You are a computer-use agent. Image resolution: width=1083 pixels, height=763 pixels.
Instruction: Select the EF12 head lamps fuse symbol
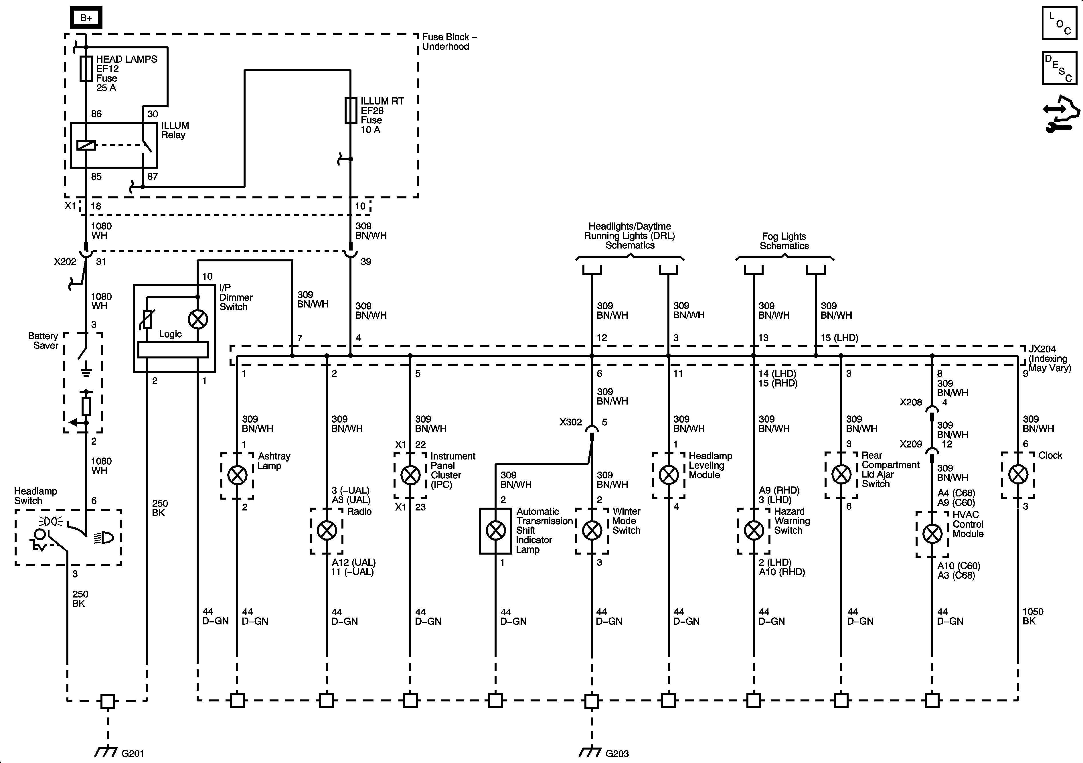tap(86, 68)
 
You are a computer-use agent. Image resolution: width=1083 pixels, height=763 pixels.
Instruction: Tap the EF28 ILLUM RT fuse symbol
tap(351, 111)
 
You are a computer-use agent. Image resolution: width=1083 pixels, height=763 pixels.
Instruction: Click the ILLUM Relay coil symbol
tap(86, 145)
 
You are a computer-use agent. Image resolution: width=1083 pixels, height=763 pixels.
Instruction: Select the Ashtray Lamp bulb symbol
tap(237, 475)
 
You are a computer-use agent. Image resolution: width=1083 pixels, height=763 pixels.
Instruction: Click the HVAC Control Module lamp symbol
tap(932, 534)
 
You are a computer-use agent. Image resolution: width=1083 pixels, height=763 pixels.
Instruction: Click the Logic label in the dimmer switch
tap(170, 334)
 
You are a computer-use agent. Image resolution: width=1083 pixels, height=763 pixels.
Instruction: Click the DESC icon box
tap(1059, 68)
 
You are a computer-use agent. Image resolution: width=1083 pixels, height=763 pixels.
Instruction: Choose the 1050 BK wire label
tap(1033, 616)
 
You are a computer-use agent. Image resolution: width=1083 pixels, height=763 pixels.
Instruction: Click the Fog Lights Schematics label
tap(784, 241)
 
